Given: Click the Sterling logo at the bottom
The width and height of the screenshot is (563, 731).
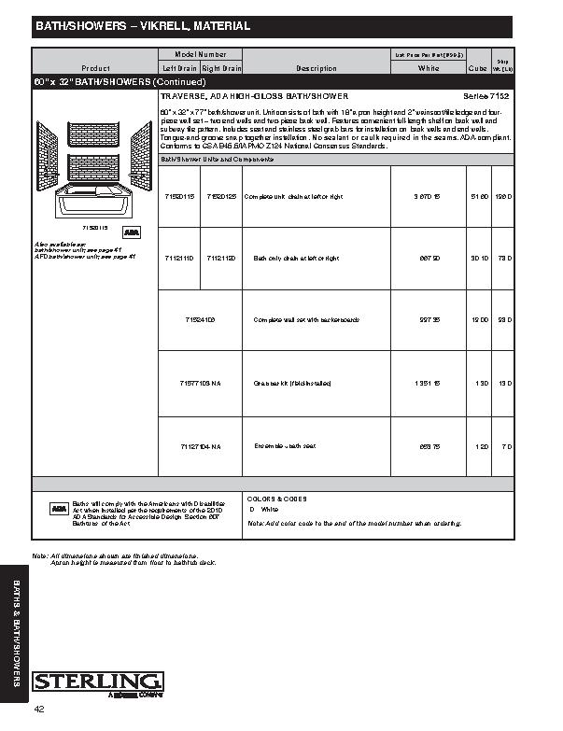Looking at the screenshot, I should [98, 682].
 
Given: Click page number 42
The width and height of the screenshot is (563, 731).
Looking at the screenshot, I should [39, 710].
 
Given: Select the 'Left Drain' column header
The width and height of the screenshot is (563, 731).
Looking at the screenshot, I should [178, 68].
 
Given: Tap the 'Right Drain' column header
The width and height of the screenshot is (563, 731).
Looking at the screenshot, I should [221, 68].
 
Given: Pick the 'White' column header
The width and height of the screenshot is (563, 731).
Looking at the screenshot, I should [429, 68].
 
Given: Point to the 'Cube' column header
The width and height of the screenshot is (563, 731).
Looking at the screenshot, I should [477, 68].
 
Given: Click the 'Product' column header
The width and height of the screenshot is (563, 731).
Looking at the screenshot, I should [95, 68].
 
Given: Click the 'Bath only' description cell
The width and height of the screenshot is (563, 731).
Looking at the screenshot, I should [296, 258].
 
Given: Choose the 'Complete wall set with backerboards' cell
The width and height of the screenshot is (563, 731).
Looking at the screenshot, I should [306, 319].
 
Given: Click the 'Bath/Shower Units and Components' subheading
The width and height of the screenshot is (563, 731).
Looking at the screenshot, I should [214, 159].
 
